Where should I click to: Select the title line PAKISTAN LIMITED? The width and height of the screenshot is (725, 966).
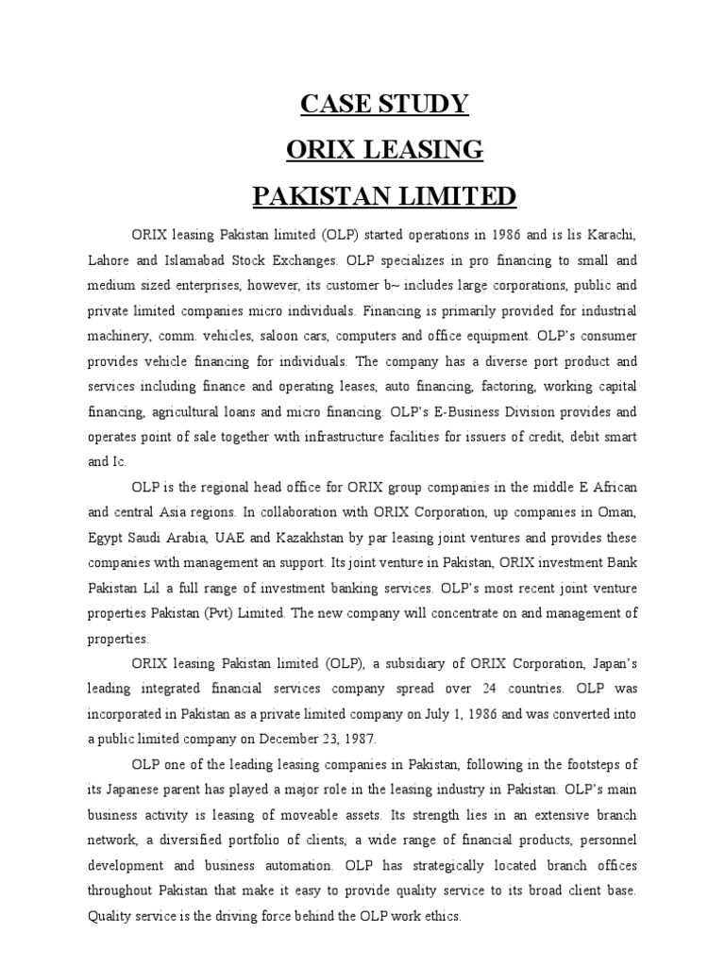tap(384, 196)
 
